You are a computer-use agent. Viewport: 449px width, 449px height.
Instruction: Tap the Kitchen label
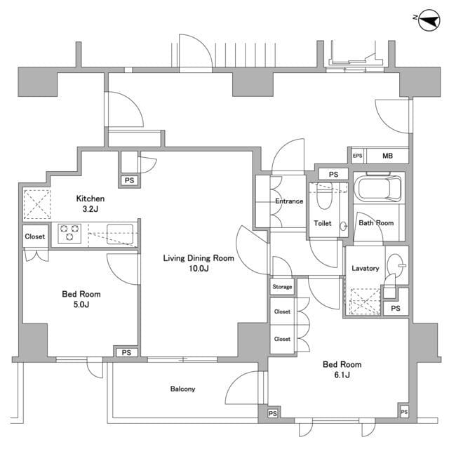(91, 199)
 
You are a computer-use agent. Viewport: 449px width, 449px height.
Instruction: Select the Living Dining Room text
(199, 258)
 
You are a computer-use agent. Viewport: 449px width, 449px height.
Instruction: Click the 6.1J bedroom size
(342, 375)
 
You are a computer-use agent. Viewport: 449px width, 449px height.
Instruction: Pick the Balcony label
(182, 389)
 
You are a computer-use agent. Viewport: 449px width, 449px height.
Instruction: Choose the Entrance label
(289, 201)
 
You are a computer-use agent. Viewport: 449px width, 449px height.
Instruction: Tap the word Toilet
(322, 223)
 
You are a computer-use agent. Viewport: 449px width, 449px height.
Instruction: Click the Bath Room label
(376, 223)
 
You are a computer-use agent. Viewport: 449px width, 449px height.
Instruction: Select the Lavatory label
(365, 268)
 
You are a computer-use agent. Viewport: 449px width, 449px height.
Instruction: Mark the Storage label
(282, 287)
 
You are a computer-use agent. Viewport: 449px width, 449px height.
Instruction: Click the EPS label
(357, 156)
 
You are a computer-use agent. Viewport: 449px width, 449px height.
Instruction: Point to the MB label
(387, 156)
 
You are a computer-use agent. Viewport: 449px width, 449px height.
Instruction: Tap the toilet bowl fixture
(323, 199)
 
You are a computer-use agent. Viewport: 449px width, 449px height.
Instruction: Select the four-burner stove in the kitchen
(70, 232)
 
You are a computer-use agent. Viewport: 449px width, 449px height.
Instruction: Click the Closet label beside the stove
(35, 236)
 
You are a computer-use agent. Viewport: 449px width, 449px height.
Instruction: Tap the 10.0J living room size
(199, 269)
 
